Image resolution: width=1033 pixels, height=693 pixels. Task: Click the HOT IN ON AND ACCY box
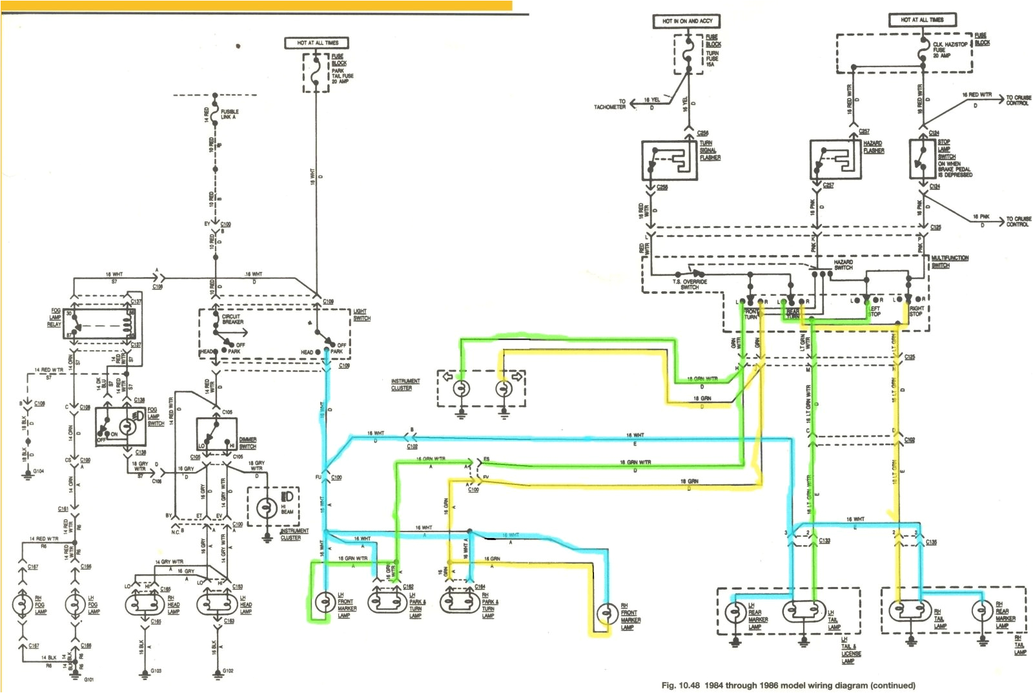tap(686, 21)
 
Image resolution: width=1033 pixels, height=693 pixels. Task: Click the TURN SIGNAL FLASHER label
tap(710, 150)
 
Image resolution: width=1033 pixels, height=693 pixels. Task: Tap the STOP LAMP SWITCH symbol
tap(923, 159)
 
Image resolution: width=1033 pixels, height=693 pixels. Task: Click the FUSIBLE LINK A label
tap(229, 114)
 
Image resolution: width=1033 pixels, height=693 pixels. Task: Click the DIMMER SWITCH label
tap(247, 443)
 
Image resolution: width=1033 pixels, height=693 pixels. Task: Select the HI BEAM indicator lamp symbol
tap(267, 508)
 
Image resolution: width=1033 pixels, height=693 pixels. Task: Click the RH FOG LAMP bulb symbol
tap(22, 605)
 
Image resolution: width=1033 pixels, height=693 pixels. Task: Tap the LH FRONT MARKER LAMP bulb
tap(325, 603)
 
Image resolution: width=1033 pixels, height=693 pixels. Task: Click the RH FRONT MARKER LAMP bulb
tap(606, 613)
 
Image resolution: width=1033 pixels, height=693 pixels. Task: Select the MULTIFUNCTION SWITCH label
tap(949, 262)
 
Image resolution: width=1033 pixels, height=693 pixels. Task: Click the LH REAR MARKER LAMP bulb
tap(735, 611)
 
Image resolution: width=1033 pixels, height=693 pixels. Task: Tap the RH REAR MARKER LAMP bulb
tap(982, 610)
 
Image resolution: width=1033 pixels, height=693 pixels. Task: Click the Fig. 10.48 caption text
tap(788, 685)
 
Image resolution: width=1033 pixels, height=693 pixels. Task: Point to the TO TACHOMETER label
tap(610, 105)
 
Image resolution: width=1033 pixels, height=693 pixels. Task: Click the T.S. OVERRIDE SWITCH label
tap(690, 284)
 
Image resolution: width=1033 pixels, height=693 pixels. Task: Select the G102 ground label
tap(228, 671)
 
